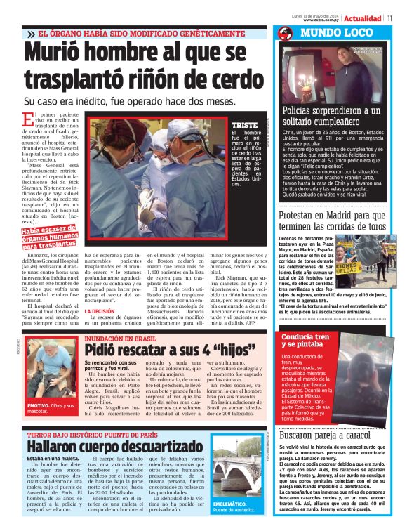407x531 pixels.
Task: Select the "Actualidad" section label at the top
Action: tap(363, 18)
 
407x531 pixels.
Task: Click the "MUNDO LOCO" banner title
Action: tap(338, 33)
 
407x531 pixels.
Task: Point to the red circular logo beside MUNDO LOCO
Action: tap(285, 33)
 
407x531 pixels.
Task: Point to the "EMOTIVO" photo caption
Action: tap(48, 408)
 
